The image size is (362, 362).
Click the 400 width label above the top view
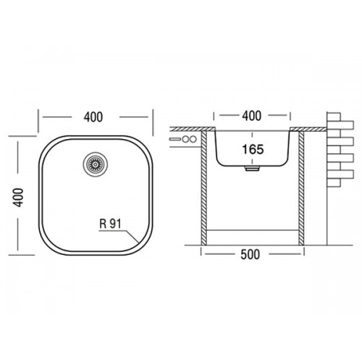[93, 117]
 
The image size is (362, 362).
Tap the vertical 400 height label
[18, 198]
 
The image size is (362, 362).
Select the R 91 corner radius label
[110, 224]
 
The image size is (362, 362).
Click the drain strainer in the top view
[96, 164]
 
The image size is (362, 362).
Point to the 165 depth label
[253, 149]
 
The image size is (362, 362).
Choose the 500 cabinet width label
[251, 254]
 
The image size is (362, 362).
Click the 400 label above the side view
[252, 116]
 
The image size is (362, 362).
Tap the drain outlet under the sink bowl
[252, 169]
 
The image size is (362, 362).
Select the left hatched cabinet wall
[204, 188]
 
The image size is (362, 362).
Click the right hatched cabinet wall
[302, 188]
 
